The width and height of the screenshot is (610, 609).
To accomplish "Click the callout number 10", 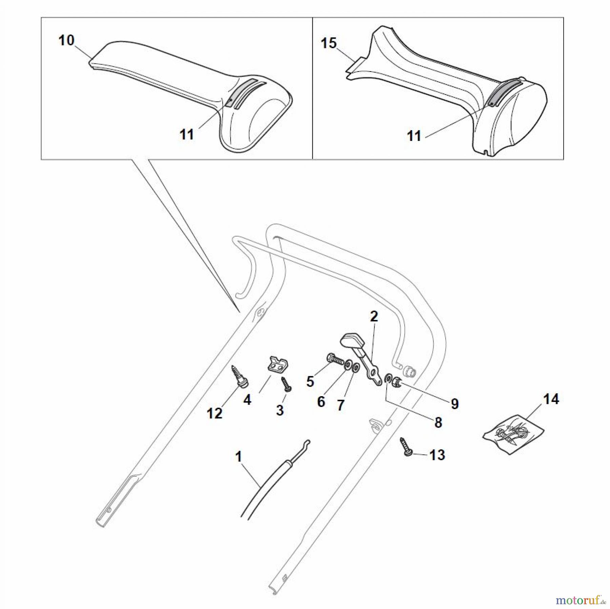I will (x=66, y=40).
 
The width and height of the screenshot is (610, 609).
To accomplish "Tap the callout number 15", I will (x=329, y=43).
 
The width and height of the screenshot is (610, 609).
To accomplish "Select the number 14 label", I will (x=551, y=399).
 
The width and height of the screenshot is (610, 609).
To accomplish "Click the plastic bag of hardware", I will (x=513, y=433).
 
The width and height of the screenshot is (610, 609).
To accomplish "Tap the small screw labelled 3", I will (x=286, y=385).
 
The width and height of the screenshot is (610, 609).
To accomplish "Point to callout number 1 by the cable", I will (x=239, y=457).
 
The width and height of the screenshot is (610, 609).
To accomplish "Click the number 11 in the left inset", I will (x=187, y=135).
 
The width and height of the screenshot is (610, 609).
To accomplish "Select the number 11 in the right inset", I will (x=414, y=136).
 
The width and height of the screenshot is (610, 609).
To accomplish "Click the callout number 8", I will (x=438, y=423).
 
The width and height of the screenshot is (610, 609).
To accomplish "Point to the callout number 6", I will (x=321, y=402).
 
